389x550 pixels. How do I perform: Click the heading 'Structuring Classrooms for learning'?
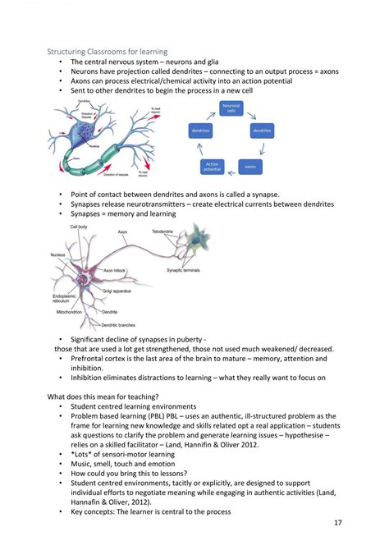[107, 52]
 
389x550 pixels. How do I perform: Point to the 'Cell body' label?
[79, 226]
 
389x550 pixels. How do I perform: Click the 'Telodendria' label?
[162, 232]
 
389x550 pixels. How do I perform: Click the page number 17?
[337, 524]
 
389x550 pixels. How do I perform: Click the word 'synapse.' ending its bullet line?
[262, 194]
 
